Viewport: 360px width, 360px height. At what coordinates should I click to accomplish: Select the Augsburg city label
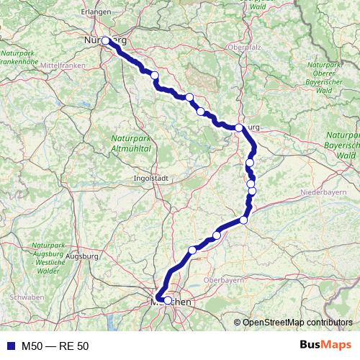pos(81,256)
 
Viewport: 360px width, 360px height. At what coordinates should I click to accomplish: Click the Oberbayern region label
pos(224,279)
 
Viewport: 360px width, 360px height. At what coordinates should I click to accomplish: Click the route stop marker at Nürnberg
pos(106,41)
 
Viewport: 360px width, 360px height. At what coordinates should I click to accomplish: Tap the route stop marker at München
pos(167,301)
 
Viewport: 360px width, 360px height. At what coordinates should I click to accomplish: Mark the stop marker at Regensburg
pos(239,127)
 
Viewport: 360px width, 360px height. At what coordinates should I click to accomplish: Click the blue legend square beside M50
pos(10,346)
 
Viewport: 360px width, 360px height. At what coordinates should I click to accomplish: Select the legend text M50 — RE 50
pos(56,346)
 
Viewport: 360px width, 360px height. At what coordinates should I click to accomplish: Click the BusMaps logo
pos(325,346)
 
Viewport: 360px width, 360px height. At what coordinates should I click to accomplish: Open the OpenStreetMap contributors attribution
pos(298,322)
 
